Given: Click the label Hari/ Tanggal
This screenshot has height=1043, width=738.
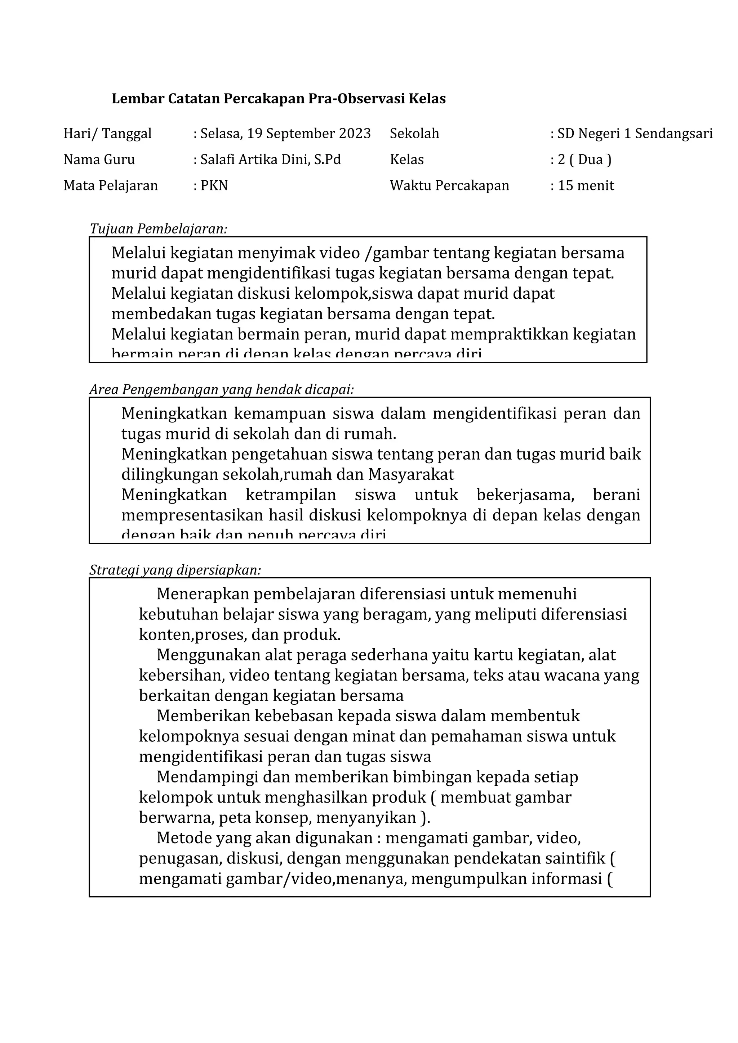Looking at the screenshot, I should [x=107, y=134].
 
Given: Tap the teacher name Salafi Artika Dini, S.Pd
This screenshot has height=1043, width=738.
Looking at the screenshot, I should [x=271, y=159].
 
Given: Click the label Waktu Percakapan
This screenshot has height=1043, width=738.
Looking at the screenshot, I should [x=449, y=185].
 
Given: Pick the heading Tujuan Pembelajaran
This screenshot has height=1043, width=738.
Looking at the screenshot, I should [x=158, y=229].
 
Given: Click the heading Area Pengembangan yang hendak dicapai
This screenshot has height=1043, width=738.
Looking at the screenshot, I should [x=222, y=389].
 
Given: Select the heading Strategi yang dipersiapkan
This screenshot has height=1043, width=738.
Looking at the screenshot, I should [x=175, y=570].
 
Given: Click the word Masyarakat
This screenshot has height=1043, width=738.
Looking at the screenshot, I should [x=411, y=474].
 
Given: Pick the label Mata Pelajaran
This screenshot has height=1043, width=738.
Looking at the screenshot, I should [x=111, y=185].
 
